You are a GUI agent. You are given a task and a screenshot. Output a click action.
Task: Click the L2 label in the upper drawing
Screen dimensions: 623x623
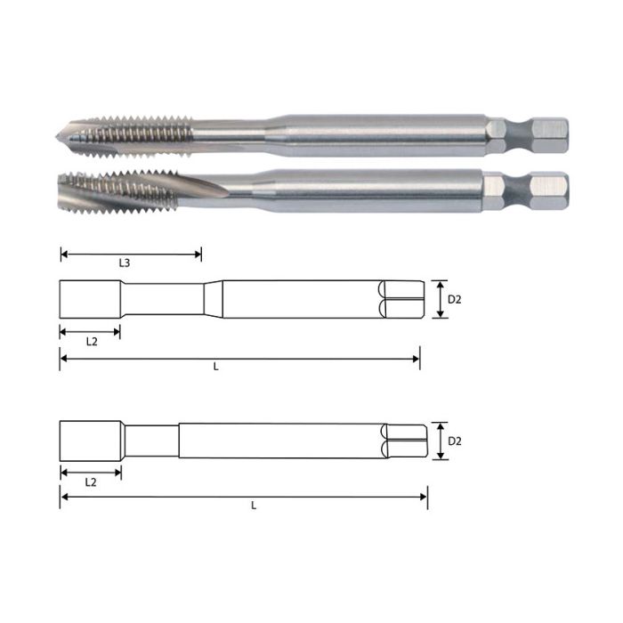(x=91, y=341)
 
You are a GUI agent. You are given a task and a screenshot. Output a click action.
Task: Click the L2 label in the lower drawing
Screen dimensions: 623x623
(x=91, y=481)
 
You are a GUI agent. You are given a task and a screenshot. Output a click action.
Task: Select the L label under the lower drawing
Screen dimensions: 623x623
(x=253, y=505)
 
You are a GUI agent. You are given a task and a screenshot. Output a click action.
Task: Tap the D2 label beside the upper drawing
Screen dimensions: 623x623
(x=454, y=300)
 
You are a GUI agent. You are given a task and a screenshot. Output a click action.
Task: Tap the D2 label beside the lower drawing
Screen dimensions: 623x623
(x=454, y=441)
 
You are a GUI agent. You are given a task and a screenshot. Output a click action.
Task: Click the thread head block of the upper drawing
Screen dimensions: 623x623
(x=90, y=300)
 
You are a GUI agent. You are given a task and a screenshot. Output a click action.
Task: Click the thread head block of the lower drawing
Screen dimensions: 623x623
(x=90, y=441)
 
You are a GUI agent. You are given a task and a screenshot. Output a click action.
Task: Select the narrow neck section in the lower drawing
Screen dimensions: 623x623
(x=151, y=441)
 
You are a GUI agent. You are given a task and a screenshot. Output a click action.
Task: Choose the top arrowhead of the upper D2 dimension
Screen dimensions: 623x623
(x=439, y=284)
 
